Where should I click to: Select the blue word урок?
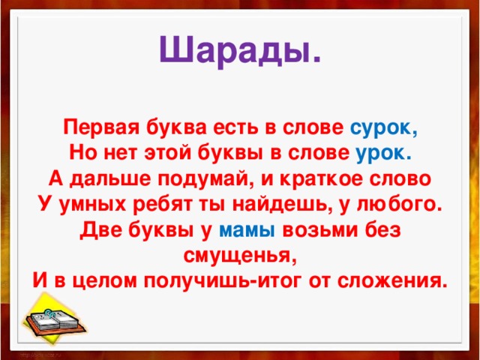click(382, 152)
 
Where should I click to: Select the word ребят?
click(171, 204)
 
